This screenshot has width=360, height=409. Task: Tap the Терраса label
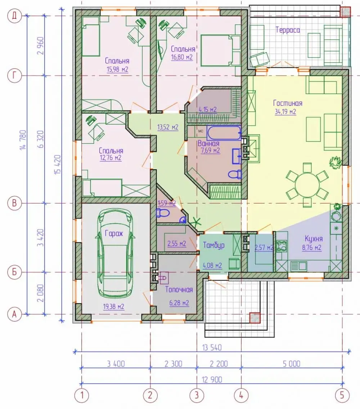point(288,30)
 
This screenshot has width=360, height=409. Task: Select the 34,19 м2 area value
point(285,112)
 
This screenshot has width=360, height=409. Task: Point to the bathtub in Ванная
point(224,133)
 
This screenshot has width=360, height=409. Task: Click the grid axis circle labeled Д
point(14,15)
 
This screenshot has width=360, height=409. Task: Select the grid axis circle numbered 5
point(342,395)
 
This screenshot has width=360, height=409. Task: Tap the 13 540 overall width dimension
point(212,347)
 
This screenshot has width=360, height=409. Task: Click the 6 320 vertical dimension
point(41,139)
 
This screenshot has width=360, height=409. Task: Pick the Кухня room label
point(314,239)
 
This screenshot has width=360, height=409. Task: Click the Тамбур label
point(213,245)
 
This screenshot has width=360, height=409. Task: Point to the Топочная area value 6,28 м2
point(179,303)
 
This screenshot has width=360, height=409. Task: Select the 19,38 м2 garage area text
point(113,306)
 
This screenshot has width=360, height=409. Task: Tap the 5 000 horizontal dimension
point(291,364)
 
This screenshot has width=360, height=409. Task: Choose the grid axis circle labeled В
point(14,203)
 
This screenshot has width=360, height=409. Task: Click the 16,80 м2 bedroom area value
point(182,57)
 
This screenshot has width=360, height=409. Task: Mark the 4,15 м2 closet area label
point(208,109)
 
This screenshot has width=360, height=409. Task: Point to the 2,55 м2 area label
point(177,244)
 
